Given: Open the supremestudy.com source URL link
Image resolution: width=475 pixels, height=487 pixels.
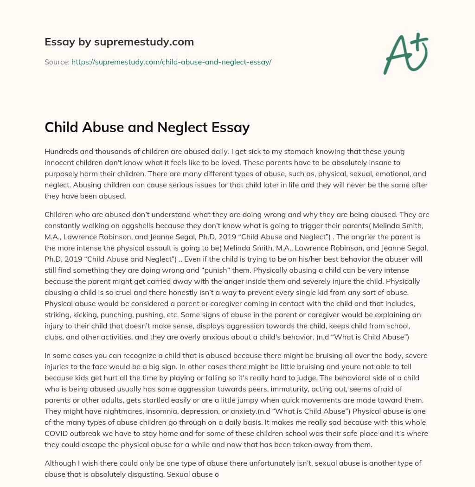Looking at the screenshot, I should tap(171, 62).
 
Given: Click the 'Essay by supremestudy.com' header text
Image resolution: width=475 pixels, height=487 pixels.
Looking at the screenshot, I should tap(119, 42).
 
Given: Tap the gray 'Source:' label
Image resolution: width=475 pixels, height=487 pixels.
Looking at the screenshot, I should tap(57, 62).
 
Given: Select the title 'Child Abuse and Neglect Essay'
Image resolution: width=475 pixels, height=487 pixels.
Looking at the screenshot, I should tap(147, 128).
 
